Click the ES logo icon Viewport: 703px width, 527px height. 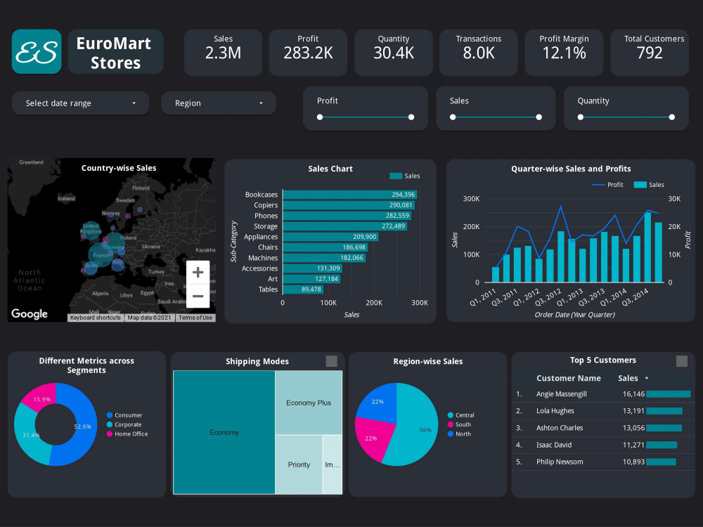click(x=37, y=51)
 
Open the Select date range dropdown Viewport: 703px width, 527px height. click(x=80, y=103)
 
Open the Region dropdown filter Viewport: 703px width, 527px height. click(x=219, y=103)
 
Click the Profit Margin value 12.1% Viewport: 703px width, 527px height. click(x=565, y=53)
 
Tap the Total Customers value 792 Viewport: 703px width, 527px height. click(x=649, y=53)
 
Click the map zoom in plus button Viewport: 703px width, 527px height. click(x=198, y=272)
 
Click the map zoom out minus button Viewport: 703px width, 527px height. click(x=198, y=296)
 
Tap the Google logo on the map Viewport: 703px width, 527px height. click(x=30, y=314)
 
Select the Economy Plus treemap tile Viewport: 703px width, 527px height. click(x=309, y=403)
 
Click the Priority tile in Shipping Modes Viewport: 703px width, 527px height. click(x=299, y=464)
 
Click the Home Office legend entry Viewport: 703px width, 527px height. click(x=131, y=434)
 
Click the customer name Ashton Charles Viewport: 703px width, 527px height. click(x=560, y=428)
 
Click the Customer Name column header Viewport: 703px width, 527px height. click(x=569, y=378)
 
